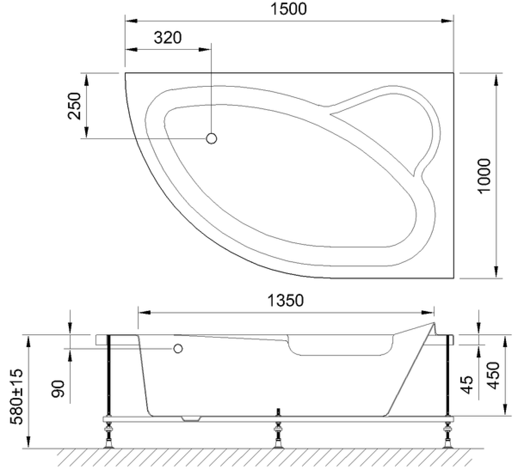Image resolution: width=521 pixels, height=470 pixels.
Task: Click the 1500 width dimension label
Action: pos(288,9)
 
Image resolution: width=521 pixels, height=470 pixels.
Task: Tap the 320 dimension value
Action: pos(167,38)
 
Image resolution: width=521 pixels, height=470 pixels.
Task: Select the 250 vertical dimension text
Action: pos(74,106)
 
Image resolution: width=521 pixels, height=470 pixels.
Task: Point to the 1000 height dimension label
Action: pos(484,176)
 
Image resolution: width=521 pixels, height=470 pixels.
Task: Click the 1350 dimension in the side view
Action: pos(285,301)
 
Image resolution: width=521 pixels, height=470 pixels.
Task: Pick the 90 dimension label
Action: pos(58,389)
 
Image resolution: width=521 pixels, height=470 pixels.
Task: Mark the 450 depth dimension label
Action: pos(493,375)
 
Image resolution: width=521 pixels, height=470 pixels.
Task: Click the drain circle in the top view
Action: pos(211,138)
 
